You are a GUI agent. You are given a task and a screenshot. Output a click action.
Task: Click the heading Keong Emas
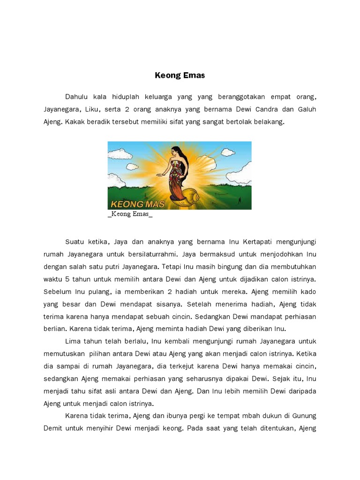pyautogui.click(x=180, y=75)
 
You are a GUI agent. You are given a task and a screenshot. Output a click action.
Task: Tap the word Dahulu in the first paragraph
pyautogui.click(x=76, y=97)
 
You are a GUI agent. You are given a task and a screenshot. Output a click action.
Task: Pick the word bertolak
pyautogui.click(x=244, y=121)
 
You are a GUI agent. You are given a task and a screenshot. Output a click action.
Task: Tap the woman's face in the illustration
pyautogui.click(x=174, y=151)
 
